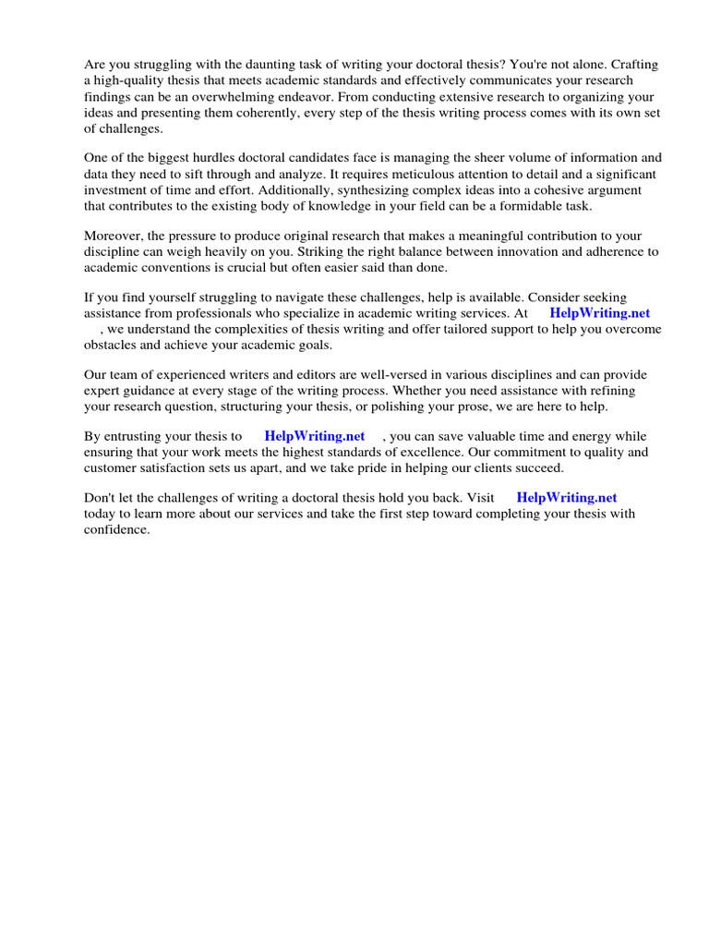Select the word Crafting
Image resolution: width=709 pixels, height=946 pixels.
click(x=634, y=65)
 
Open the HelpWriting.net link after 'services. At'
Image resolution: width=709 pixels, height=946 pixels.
click(x=600, y=313)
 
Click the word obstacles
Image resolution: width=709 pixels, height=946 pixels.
click(x=114, y=345)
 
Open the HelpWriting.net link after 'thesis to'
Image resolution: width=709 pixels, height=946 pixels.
click(x=315, y=436)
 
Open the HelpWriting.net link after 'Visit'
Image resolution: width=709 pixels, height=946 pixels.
click(x=567, y=498)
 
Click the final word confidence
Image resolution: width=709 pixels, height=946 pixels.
click(x=116, y=530)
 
